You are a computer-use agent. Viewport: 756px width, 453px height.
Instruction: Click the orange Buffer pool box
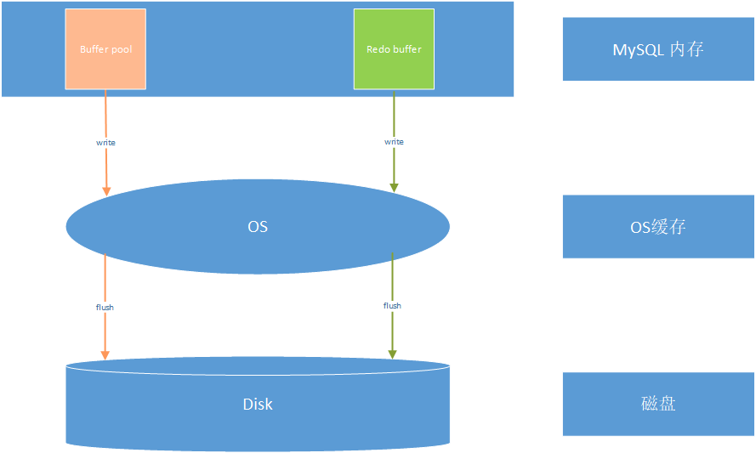(x=105, y=49)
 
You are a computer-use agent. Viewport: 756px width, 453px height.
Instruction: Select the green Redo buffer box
(x=394, y=49)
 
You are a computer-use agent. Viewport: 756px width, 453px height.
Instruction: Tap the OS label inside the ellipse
(x=258, y=226)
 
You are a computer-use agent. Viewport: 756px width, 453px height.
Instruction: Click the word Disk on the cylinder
(x=258, y=404)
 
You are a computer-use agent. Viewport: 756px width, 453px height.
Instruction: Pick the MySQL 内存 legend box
(x=658, y=49)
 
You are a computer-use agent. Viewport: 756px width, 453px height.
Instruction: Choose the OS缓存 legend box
(x=658, y=226)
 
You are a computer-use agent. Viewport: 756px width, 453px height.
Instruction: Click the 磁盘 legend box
(x=658, y=404)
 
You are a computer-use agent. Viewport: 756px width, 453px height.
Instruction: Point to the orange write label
(x=105, y=143)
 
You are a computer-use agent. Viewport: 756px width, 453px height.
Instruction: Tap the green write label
(x=394, y=142)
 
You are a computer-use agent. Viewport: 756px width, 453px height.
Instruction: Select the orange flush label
(x=105, y=308)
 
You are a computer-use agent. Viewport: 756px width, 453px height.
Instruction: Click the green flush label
(x=392, y=305)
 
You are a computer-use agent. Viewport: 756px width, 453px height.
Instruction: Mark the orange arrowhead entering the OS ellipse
(x=106, y=191)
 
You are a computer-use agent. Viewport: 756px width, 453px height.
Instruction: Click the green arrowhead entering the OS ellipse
(x=394, y=188)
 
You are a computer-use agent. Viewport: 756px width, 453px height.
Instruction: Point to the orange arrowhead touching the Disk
(x=105, y=355)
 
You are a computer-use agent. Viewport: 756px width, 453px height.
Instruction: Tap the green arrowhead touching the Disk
(x=393, y=354)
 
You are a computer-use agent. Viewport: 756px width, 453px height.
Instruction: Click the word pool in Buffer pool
(x=122, y=49)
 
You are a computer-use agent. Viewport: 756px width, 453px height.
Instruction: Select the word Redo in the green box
(x=377, y=49)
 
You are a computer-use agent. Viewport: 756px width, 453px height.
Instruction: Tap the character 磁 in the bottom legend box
(x=650, y=404)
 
